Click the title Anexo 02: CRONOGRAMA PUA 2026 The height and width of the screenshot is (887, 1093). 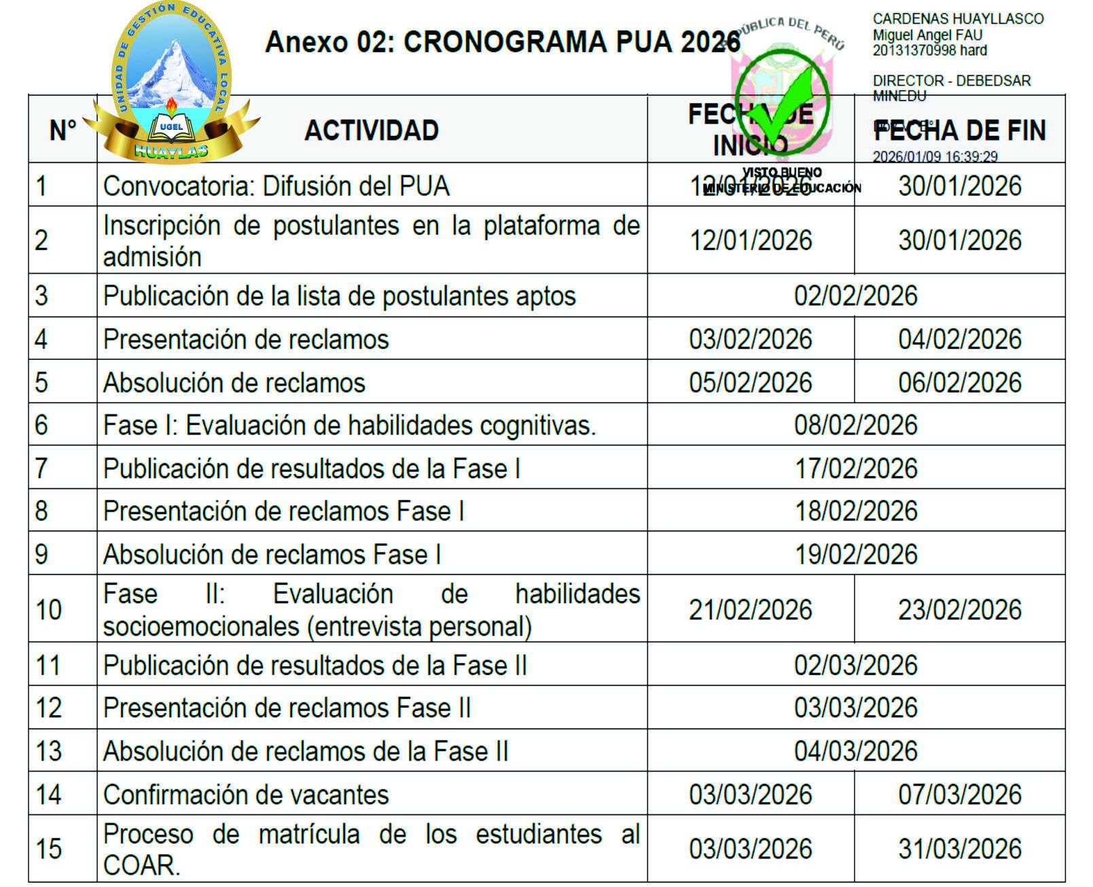click(x=502, y=42)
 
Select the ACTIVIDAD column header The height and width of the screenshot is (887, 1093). click(x=372, y=130)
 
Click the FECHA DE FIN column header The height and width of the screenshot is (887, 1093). click(x=960, y=130)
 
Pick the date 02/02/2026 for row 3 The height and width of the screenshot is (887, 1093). click(x=856, y=296)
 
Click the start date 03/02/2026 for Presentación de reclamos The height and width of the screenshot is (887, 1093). click(x=751, y=340)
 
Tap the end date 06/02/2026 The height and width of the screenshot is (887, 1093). click(x=960, y=383)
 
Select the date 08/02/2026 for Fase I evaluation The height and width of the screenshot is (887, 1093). click(x=856, y=426)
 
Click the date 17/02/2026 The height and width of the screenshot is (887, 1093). click(x=856, y=469)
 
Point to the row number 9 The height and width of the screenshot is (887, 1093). click(x=41, y=554)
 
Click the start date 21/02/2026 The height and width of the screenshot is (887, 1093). click(x=751, y=610)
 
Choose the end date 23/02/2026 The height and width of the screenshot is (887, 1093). click(x=960, y=610)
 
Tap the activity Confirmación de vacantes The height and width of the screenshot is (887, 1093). click(x=246, y=795)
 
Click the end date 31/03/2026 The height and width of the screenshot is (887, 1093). click(x=960, y=849)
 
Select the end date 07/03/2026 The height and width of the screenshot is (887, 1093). click(x=960, y=795)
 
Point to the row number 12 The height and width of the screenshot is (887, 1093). click(x=48, y=708)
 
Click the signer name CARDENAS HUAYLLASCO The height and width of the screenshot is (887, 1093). click(x=958, y=19)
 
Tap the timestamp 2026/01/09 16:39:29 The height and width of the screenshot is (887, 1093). click(x=935, y=157)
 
